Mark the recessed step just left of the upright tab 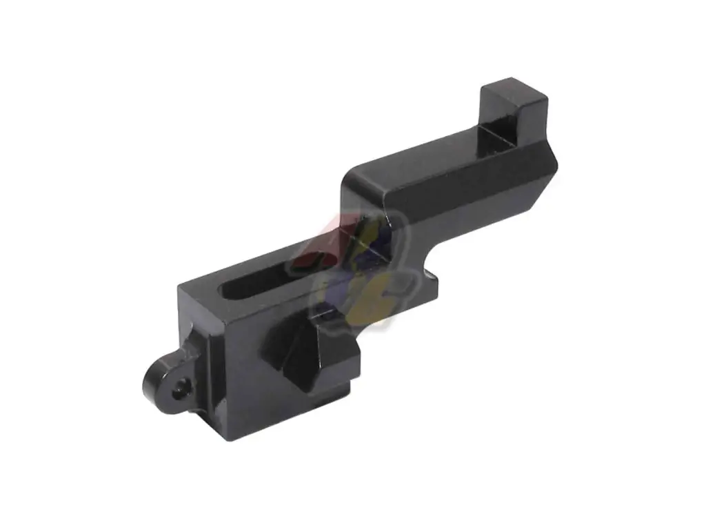click(x=492, y=138)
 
